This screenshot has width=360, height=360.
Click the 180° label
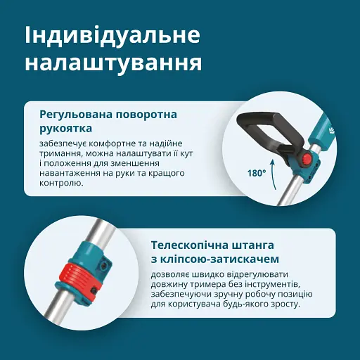[257, 172]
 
